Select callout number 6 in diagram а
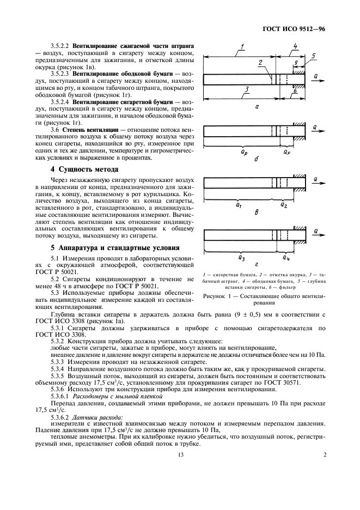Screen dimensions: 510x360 pos(294,91)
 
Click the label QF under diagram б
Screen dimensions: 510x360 pos(286,153)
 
